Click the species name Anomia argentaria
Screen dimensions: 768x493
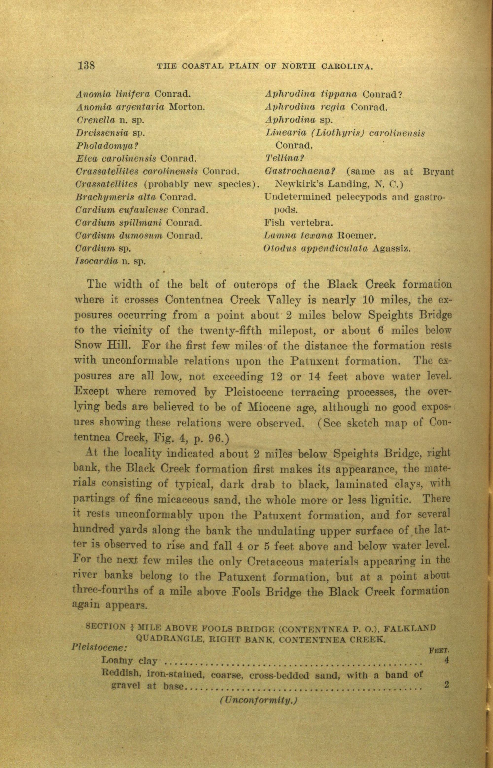(120, 107)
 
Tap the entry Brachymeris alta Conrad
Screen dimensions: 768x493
(136, 197)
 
